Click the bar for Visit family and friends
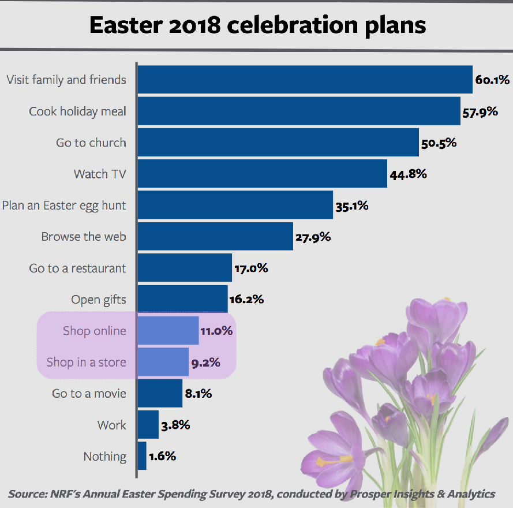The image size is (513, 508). point(305,79)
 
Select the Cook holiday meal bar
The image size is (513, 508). point(298,111)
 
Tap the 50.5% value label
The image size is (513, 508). point(439,143)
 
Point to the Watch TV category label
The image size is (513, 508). point(100,173)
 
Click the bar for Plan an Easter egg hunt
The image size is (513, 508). point(235,205)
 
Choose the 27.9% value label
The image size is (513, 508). point(313,237)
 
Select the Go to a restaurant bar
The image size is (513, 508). point(185,268)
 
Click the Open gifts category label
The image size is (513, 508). point(99,299)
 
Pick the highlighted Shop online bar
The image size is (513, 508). point(168,331)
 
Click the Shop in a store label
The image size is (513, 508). point(87,363)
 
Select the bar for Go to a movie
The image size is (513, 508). point(160,394)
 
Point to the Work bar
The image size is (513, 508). point(148,425)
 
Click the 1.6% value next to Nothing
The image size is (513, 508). point(162,456)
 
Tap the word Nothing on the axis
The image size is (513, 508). point(105,456)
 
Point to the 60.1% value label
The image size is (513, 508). point(492,80)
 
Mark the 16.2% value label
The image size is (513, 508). point(247,299)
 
